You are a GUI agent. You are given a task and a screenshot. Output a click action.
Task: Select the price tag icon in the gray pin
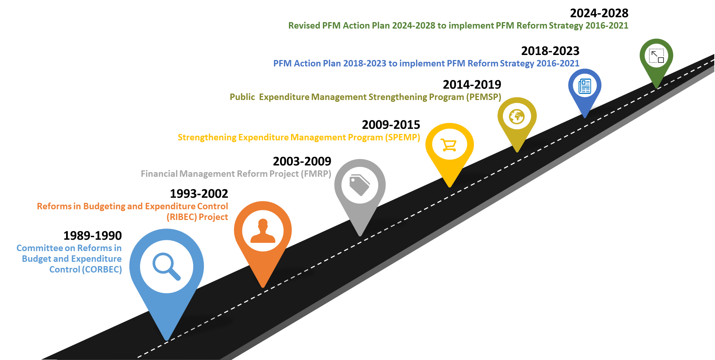(359, 185)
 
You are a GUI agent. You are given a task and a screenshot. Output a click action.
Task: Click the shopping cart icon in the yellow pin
(449, 145)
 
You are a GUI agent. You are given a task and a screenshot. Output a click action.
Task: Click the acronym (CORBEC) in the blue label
(102, 270)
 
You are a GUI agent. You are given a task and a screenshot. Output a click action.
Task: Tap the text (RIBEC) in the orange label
(182, 217)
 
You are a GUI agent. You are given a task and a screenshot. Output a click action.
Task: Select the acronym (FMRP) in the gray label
(316, 174)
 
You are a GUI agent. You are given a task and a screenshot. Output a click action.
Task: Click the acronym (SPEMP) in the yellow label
(402, 137)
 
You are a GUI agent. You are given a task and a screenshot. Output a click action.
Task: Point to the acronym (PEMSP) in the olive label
(484, 97)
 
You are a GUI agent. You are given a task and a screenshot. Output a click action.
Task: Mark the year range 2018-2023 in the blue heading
(365, 64)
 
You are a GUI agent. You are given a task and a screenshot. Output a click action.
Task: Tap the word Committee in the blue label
(40, 248)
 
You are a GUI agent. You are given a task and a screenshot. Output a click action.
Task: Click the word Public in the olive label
(242, 97)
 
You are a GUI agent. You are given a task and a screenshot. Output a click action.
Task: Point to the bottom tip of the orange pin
(263, 287)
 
